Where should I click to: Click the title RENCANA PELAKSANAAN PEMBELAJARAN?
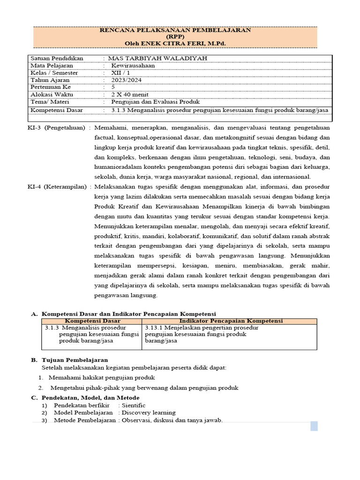[x=176, y=30]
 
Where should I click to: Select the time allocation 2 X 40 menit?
[x=126, y=94]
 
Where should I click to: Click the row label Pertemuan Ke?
[x=51, y=87]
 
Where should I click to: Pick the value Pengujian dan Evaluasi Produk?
[x=156, y=102]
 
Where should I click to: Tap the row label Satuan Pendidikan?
[x=57, y=58]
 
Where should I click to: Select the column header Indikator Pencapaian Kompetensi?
[x=229, y=321]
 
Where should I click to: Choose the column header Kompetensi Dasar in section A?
[x=91, y=321]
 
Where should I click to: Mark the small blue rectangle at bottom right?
[x=314, y=426]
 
